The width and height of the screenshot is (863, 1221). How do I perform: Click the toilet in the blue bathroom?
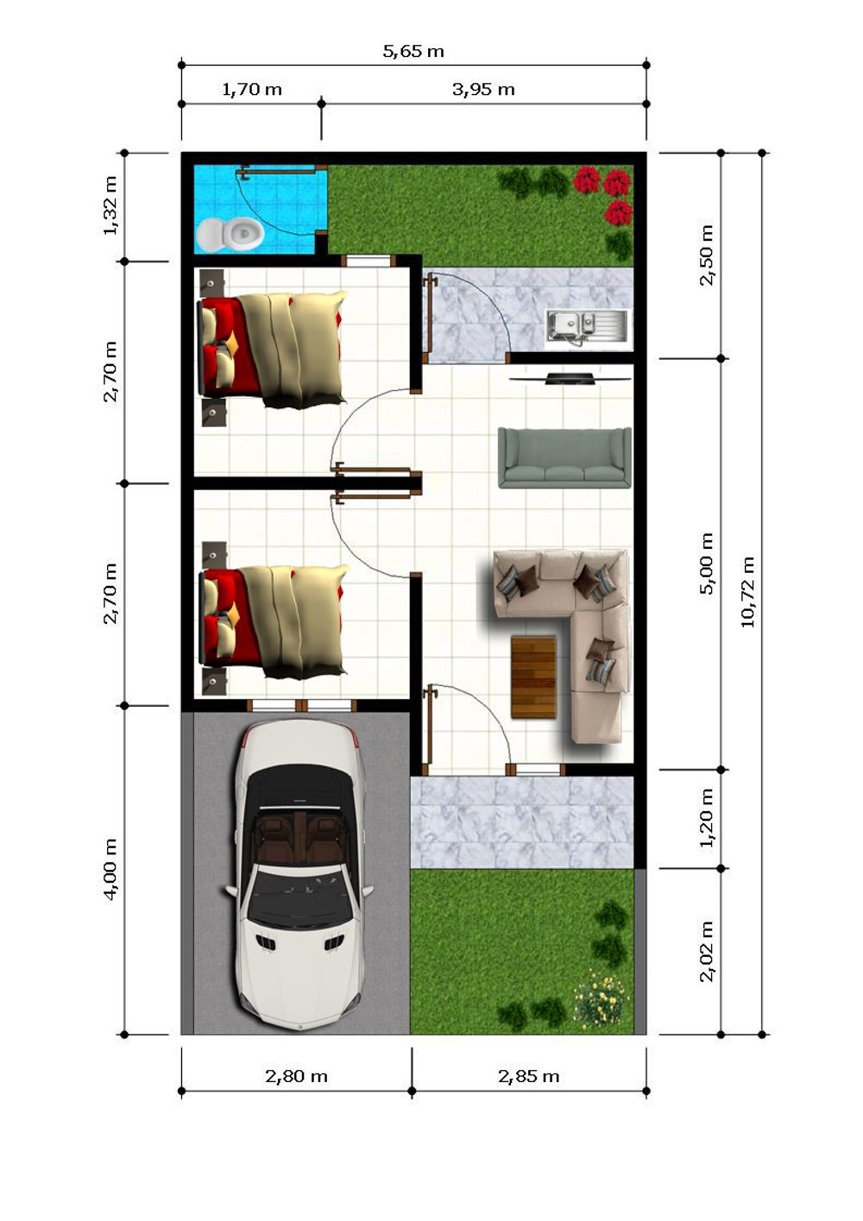[x=230, y=235]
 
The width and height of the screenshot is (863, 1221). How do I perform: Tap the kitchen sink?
[x=588, y=329]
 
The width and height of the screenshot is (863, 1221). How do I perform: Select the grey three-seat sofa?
[x=565, y=458]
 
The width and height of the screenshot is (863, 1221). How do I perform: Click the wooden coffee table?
[x=533, y=677]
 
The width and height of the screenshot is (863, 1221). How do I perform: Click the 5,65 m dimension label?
[x=413, y=52]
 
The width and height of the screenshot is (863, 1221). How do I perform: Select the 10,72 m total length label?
[x=747, y=591]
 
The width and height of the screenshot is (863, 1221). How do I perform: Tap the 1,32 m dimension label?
[x=110, y=205]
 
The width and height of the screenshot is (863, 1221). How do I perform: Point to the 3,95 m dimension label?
[x=483, y=90]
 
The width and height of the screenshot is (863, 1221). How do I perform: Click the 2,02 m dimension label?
[x=707, y=951]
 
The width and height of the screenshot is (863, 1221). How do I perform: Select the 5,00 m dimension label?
[x=707, y=563]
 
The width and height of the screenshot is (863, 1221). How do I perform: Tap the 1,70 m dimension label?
[x=252, y=90]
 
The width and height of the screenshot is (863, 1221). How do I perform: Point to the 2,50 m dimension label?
[x=707, y=255]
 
